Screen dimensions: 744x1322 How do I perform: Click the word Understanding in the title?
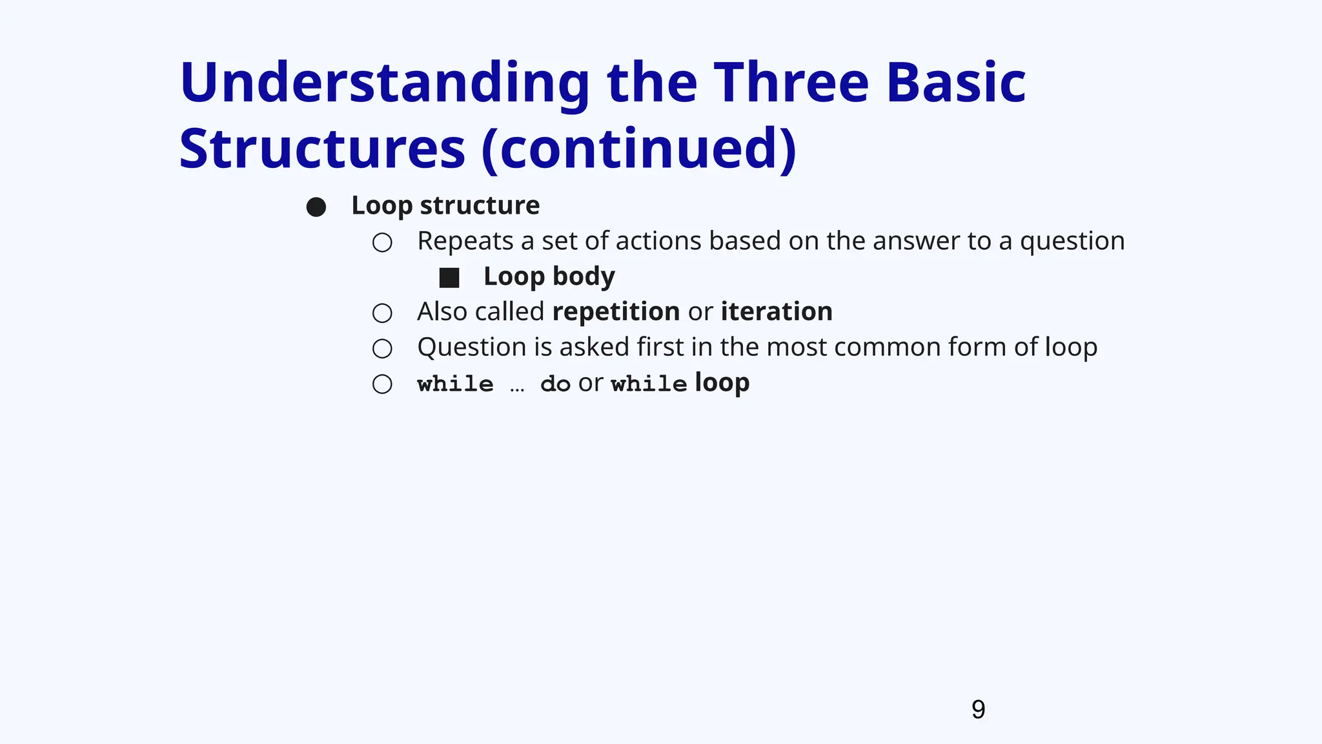coord(385,84)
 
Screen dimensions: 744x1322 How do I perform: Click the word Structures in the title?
coord(322,150)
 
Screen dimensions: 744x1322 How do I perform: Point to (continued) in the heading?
coord(639,150)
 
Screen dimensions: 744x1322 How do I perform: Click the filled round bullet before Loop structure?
coord(316,207)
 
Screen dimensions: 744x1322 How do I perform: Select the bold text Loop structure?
coord(445,206)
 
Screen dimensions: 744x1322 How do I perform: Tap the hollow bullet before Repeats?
coord(382,243)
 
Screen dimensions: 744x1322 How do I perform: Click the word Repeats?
coord(465,242)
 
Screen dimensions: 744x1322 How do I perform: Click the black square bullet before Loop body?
coord(449,278)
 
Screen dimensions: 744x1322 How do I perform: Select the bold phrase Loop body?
coord(549,277)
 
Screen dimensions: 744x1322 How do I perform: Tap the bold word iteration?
coord(777,312)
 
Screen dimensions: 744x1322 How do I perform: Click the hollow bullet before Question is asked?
coord(382,349)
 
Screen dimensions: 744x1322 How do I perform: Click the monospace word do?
coord(555,384)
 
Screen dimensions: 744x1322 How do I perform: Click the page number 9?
coord(978,710)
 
